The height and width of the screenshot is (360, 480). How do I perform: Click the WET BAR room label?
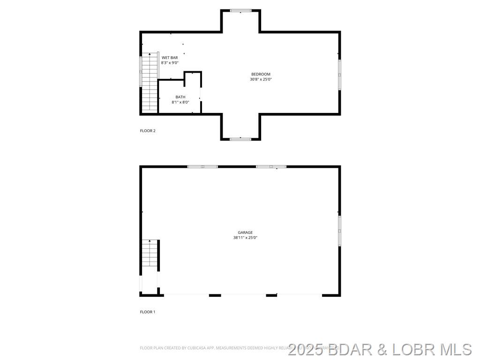[169, 58]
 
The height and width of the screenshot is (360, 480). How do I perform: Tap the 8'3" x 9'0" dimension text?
[170, 63]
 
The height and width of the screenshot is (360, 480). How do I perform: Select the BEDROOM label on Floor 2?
[261, 74]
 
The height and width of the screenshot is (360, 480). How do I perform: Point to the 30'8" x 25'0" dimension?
[261, 80]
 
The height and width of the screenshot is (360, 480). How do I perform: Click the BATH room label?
[180, 97]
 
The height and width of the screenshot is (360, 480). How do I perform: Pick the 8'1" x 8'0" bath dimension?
[180, 102]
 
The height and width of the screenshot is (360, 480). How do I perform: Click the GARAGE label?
[245, 232]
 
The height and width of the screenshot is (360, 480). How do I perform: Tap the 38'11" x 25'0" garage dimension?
[245, 238]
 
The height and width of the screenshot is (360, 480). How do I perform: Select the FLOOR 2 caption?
[148, 131]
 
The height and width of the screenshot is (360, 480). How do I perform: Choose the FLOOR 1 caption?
[148, 312]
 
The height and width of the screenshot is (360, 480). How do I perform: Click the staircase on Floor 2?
[150, 82]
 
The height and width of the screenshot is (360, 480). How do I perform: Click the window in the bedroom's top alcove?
[240, 10]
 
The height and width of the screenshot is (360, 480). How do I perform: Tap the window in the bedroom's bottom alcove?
[240, 139]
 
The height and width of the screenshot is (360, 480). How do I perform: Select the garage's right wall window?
[339, 231]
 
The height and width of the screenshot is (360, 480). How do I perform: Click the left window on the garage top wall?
[202, 166]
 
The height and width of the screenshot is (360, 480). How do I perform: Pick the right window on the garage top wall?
[271, 166]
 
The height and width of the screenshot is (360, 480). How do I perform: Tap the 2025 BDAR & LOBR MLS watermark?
[380, 349]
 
